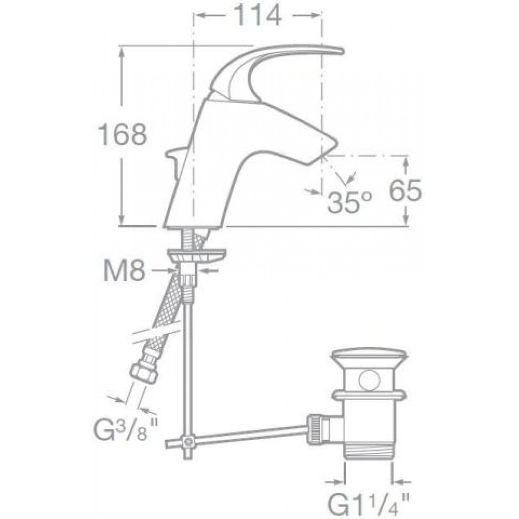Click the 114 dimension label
pos(258,16)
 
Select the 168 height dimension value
pos(123,134)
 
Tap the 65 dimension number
pos(405,190)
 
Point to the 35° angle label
pos(350,202)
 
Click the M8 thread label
pos(125,270)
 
